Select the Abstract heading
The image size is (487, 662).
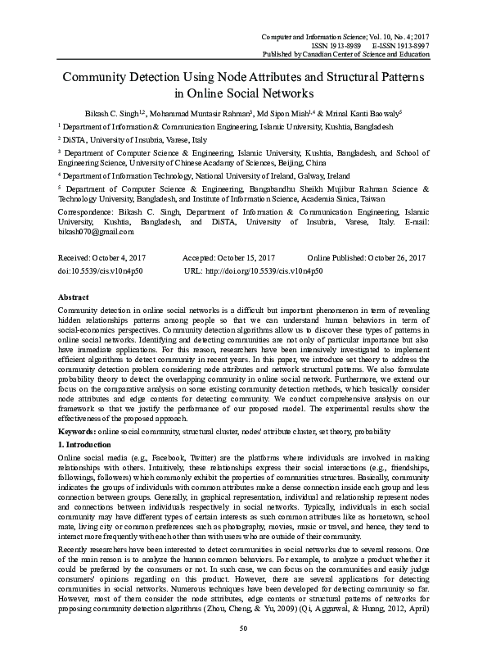click(74, 297)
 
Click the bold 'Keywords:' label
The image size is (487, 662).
click(77, 430)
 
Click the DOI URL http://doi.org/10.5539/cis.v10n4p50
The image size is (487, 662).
click(255, 269)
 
